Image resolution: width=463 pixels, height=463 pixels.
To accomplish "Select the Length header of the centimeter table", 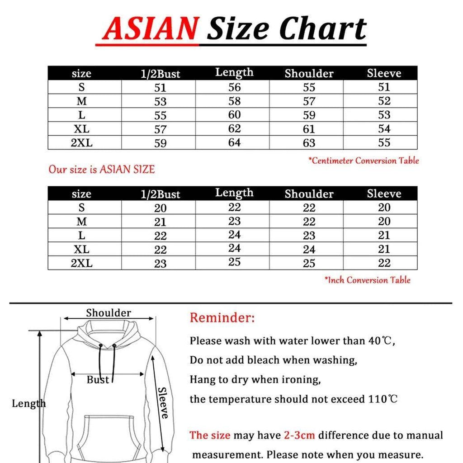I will pyautogui.click(x=234, y=72).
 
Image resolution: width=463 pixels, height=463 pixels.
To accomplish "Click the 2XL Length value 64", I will pyautogui.click(x=234, y=142).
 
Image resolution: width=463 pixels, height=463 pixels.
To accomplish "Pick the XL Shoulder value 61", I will pyautogui.click(x=309, y=129).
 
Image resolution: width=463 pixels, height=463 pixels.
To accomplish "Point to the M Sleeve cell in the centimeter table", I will pyautogui.click(x=384, y=101).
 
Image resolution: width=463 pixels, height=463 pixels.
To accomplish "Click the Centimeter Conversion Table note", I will pyautogui.click(x=364, y=161).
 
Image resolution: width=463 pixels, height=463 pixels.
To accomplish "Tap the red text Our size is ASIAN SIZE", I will pyautogui.click(x=102, y=170).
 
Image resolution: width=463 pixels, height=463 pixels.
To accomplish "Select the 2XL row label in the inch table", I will pyautogui.click(x=81, y=263).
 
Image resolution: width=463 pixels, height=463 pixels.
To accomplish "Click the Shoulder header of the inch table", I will pyautogui.click(x=309, y=194).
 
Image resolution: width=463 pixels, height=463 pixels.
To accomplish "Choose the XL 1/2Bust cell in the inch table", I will pyautogui.click(x=161, y=250).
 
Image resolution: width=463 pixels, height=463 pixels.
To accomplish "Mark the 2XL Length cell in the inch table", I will pyautogui.click(x=234, y=262).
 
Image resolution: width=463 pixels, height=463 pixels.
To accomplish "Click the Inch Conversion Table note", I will pyautogui.click(x=368, y=280).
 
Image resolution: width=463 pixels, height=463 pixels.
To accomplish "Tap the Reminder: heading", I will pyautogui.click(x=222, y=317).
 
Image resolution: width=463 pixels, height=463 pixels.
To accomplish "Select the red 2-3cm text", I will pyautogui.click(x=299, y=435).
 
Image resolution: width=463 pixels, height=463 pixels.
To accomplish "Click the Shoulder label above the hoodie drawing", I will pyautogui.click(x=109, y=313).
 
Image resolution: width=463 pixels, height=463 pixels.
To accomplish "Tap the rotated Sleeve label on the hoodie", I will pyautogui.click(x=163, y=402).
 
